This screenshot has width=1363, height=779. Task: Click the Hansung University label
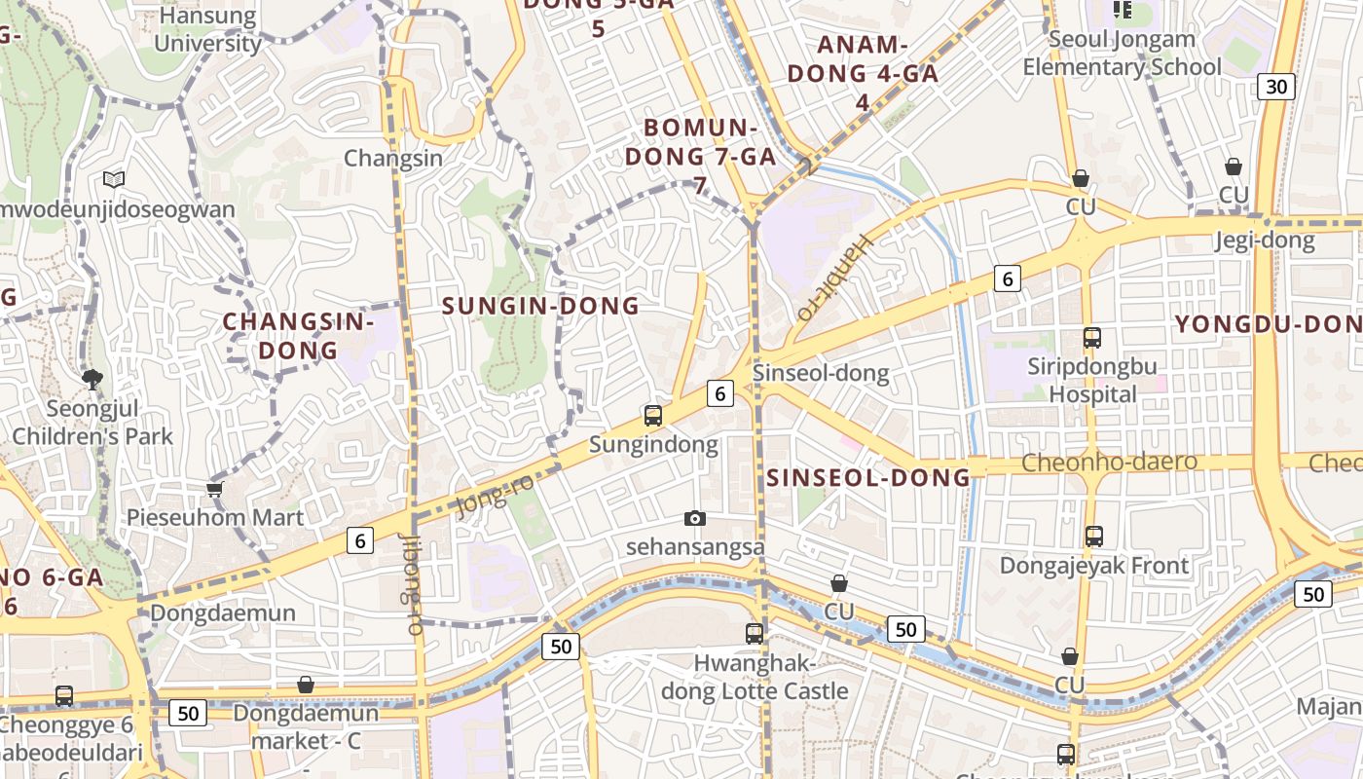(207, 30)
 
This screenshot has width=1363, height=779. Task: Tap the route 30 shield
(1275, 87)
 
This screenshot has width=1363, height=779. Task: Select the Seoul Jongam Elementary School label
(1122, 54)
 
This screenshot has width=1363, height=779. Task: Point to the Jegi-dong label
(1265, 241)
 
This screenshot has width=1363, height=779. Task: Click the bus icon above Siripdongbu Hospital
(1092, 338)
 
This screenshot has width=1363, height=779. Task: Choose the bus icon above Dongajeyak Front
(1094, 537)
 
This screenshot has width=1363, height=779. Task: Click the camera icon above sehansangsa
(694, 518)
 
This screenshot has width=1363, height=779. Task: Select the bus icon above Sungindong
(653, 416)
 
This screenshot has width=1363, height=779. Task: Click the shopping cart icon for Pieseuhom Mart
(215, 489)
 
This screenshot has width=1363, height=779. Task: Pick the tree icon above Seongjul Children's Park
(92, 379)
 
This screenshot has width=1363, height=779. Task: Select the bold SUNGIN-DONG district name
(540, 306)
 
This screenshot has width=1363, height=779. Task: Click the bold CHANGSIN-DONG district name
(284, 335)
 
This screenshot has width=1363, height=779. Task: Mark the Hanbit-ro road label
(835, 277)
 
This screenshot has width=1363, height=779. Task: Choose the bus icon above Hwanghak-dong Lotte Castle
(755, 634)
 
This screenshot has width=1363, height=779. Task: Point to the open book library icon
(114, 179)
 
